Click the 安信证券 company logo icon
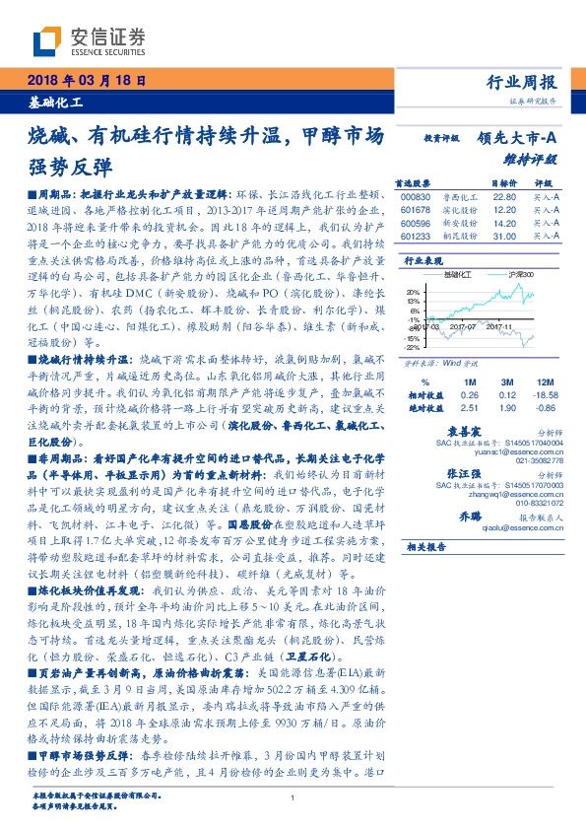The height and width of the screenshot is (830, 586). pos(45,38)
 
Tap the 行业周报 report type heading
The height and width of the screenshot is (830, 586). pos(522,82)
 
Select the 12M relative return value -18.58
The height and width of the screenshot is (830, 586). pos(541,394)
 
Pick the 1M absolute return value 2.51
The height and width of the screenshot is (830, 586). pos(468,406)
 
